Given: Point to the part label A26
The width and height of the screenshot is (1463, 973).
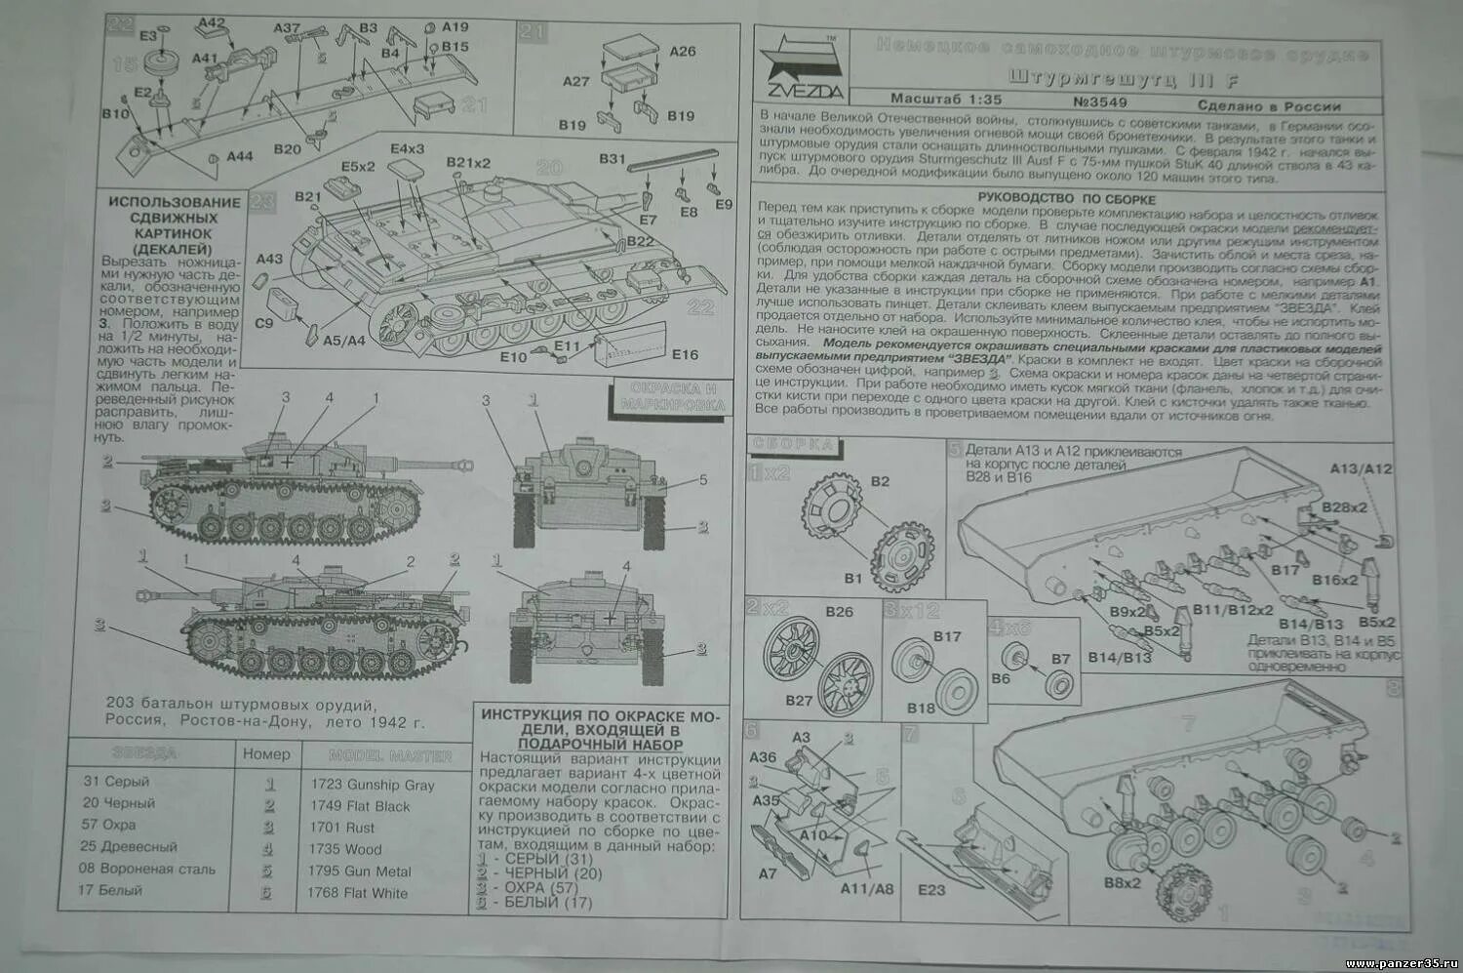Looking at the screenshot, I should pos(683,51).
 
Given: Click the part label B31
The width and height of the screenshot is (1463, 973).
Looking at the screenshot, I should pos(612,159).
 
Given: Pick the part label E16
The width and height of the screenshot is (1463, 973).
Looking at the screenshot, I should pos(685,355).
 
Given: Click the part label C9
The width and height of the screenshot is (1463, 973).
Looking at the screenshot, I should pos(264,323).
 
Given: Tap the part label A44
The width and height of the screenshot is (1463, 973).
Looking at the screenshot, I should pos(240,156).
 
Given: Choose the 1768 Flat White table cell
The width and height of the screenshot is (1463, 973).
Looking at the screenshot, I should pos(358,893).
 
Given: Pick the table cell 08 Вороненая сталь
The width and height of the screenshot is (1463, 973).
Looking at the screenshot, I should pos(147,869).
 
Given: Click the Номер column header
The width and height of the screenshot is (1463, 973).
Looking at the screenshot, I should pos(266,753).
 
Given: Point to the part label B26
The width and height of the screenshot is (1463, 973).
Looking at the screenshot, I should pos(839,612).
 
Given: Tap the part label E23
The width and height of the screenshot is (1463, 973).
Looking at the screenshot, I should pos(931,889).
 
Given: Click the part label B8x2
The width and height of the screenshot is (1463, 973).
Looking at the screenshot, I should pos(1123,883).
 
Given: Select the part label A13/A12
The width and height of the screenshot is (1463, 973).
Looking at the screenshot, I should pos(1361,468).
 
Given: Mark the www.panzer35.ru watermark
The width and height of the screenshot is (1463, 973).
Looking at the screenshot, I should pos(1401,963).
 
